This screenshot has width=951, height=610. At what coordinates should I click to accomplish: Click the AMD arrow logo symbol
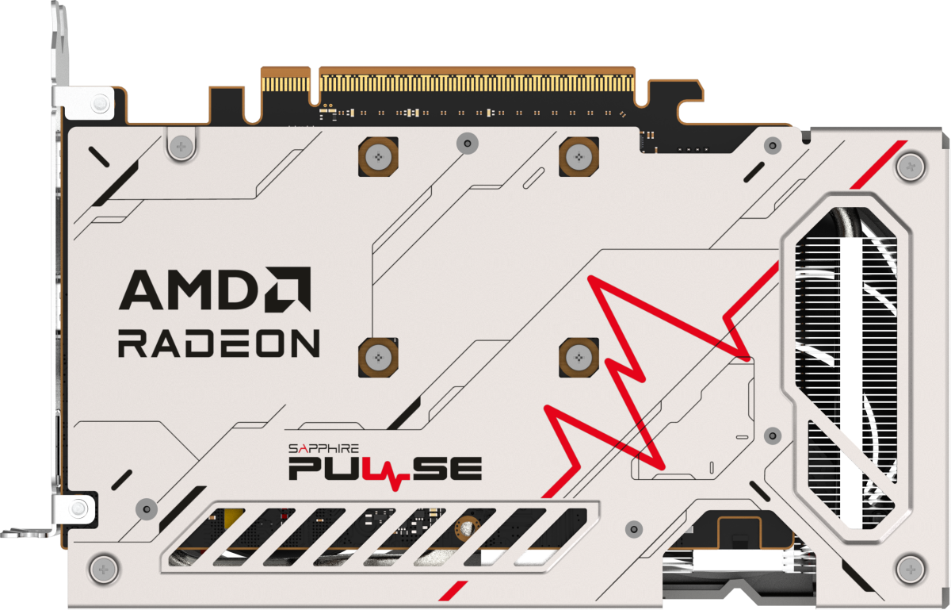[288, 290]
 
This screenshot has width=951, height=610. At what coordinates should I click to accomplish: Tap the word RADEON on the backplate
[219, 343]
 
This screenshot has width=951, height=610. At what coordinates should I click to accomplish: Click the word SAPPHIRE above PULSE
[323, 448]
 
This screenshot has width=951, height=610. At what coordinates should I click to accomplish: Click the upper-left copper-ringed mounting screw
[378, 157]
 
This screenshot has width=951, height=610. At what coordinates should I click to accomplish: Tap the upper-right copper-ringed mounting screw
[579, 157]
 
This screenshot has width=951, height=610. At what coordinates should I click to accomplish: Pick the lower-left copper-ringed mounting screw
[378, 358]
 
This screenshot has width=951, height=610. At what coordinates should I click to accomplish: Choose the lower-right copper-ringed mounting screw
[579, 358]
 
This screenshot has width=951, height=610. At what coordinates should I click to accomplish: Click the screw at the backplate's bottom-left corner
[104, 570]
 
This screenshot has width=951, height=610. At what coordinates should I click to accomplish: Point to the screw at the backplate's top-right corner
[911, 167]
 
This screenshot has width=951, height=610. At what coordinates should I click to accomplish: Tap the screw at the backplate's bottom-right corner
[911, 570]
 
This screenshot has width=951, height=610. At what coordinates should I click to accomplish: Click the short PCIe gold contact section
[286, 84]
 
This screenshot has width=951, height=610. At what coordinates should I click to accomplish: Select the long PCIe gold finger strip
[477, 84]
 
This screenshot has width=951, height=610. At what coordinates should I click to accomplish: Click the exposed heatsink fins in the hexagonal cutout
[845, 366]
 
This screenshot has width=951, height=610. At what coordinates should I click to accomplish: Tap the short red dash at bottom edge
[453, 590]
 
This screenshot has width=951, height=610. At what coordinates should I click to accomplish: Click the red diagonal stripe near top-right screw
[878, 164]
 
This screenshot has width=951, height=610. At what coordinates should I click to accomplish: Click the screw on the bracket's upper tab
[101, 103]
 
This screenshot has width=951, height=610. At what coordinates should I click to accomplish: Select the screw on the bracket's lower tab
[78, 508]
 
